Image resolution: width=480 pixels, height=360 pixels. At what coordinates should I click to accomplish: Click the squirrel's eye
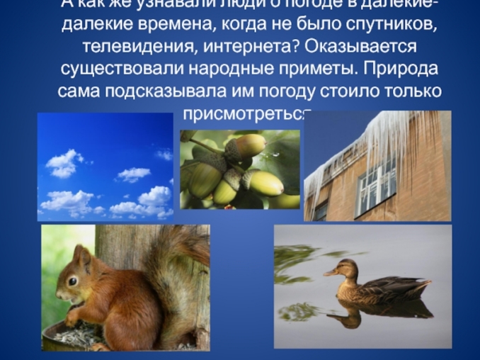tap(72, 281)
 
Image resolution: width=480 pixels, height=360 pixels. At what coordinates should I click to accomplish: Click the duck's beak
tap(328, 273)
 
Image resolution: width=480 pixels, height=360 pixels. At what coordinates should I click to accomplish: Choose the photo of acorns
tap(239, 169)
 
